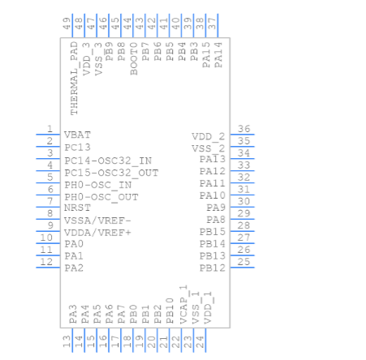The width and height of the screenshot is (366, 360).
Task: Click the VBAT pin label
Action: point(77,135)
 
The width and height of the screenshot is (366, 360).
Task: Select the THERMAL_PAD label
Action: point(74,79)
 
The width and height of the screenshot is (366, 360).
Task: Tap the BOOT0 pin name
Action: point(134,58)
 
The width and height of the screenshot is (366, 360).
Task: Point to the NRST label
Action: point(77,208)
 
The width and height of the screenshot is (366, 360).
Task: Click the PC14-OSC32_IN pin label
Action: point(108,161)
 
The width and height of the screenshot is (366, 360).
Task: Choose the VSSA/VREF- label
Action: point(97,221)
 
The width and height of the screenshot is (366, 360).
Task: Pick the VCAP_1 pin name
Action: point(183,304)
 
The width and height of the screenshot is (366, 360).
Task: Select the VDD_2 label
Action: point(209,136)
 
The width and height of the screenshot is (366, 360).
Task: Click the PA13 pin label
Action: point(213,159)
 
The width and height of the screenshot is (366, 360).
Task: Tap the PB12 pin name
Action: point(213,268)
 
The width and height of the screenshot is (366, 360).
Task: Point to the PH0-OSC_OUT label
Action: point(101,197)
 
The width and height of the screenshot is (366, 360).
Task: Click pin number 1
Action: point(50,129)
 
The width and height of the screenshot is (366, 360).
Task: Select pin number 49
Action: point(67,24)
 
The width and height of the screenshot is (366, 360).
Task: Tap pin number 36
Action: point(243,129)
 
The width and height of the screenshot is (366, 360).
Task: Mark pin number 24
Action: point(200,341)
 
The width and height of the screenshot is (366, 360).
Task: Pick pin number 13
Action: point(67,341)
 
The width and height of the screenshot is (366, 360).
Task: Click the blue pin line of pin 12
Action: point(48,268)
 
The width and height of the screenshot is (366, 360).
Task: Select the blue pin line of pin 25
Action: point(243,268)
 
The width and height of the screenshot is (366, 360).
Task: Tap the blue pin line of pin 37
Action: point(217,26)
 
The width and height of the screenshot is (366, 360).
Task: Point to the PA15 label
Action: point(206,55)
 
